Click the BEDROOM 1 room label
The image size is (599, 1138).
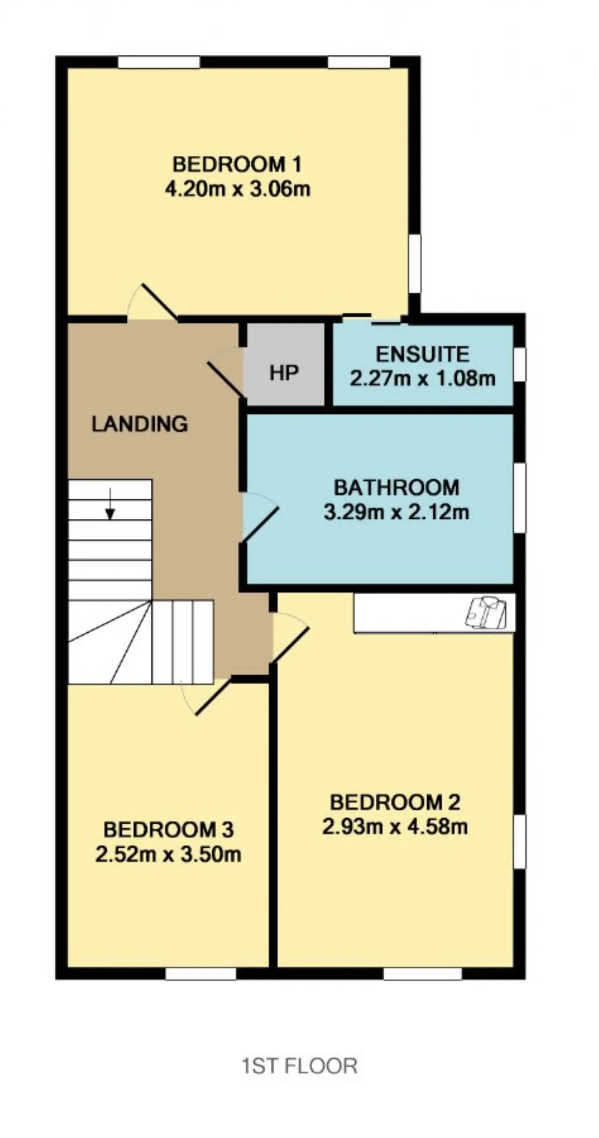tap(237, 165)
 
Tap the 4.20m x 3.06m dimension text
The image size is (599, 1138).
tap(238, 189)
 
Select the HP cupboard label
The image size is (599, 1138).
tap(284, 373)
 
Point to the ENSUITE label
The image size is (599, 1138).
tap(423, 355)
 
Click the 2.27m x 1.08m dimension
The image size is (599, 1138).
tap(423, 378)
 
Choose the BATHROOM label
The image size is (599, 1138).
tap(396, 488)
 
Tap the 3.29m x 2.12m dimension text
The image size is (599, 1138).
tap(396, 512)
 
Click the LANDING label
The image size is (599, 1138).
tap(139, 424)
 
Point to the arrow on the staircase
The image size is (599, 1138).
tap(110, 504)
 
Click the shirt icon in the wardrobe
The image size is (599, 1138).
tap(486, 612)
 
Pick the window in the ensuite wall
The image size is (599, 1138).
tap(520, 364)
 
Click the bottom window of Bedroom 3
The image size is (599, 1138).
tap(201, 974)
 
